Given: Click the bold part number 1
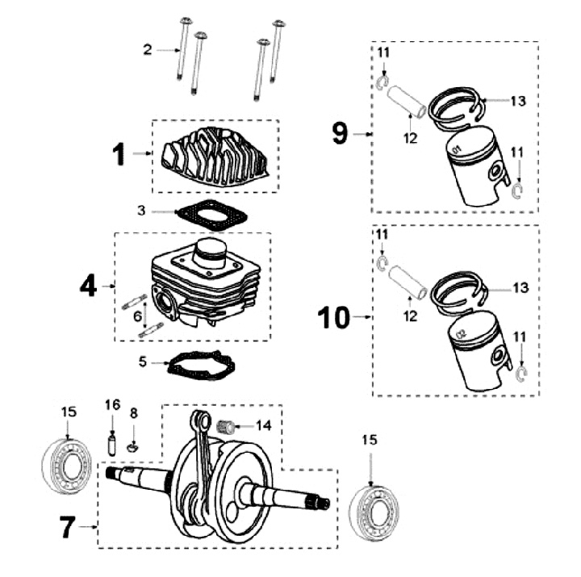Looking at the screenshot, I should [x=119, y=154].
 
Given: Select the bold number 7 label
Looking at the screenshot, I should [x=69, y=529].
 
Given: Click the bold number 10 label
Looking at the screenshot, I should [x=337, y=318].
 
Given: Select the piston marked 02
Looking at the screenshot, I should [x=477, y=355].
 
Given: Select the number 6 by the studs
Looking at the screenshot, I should [x=138, y=316].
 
